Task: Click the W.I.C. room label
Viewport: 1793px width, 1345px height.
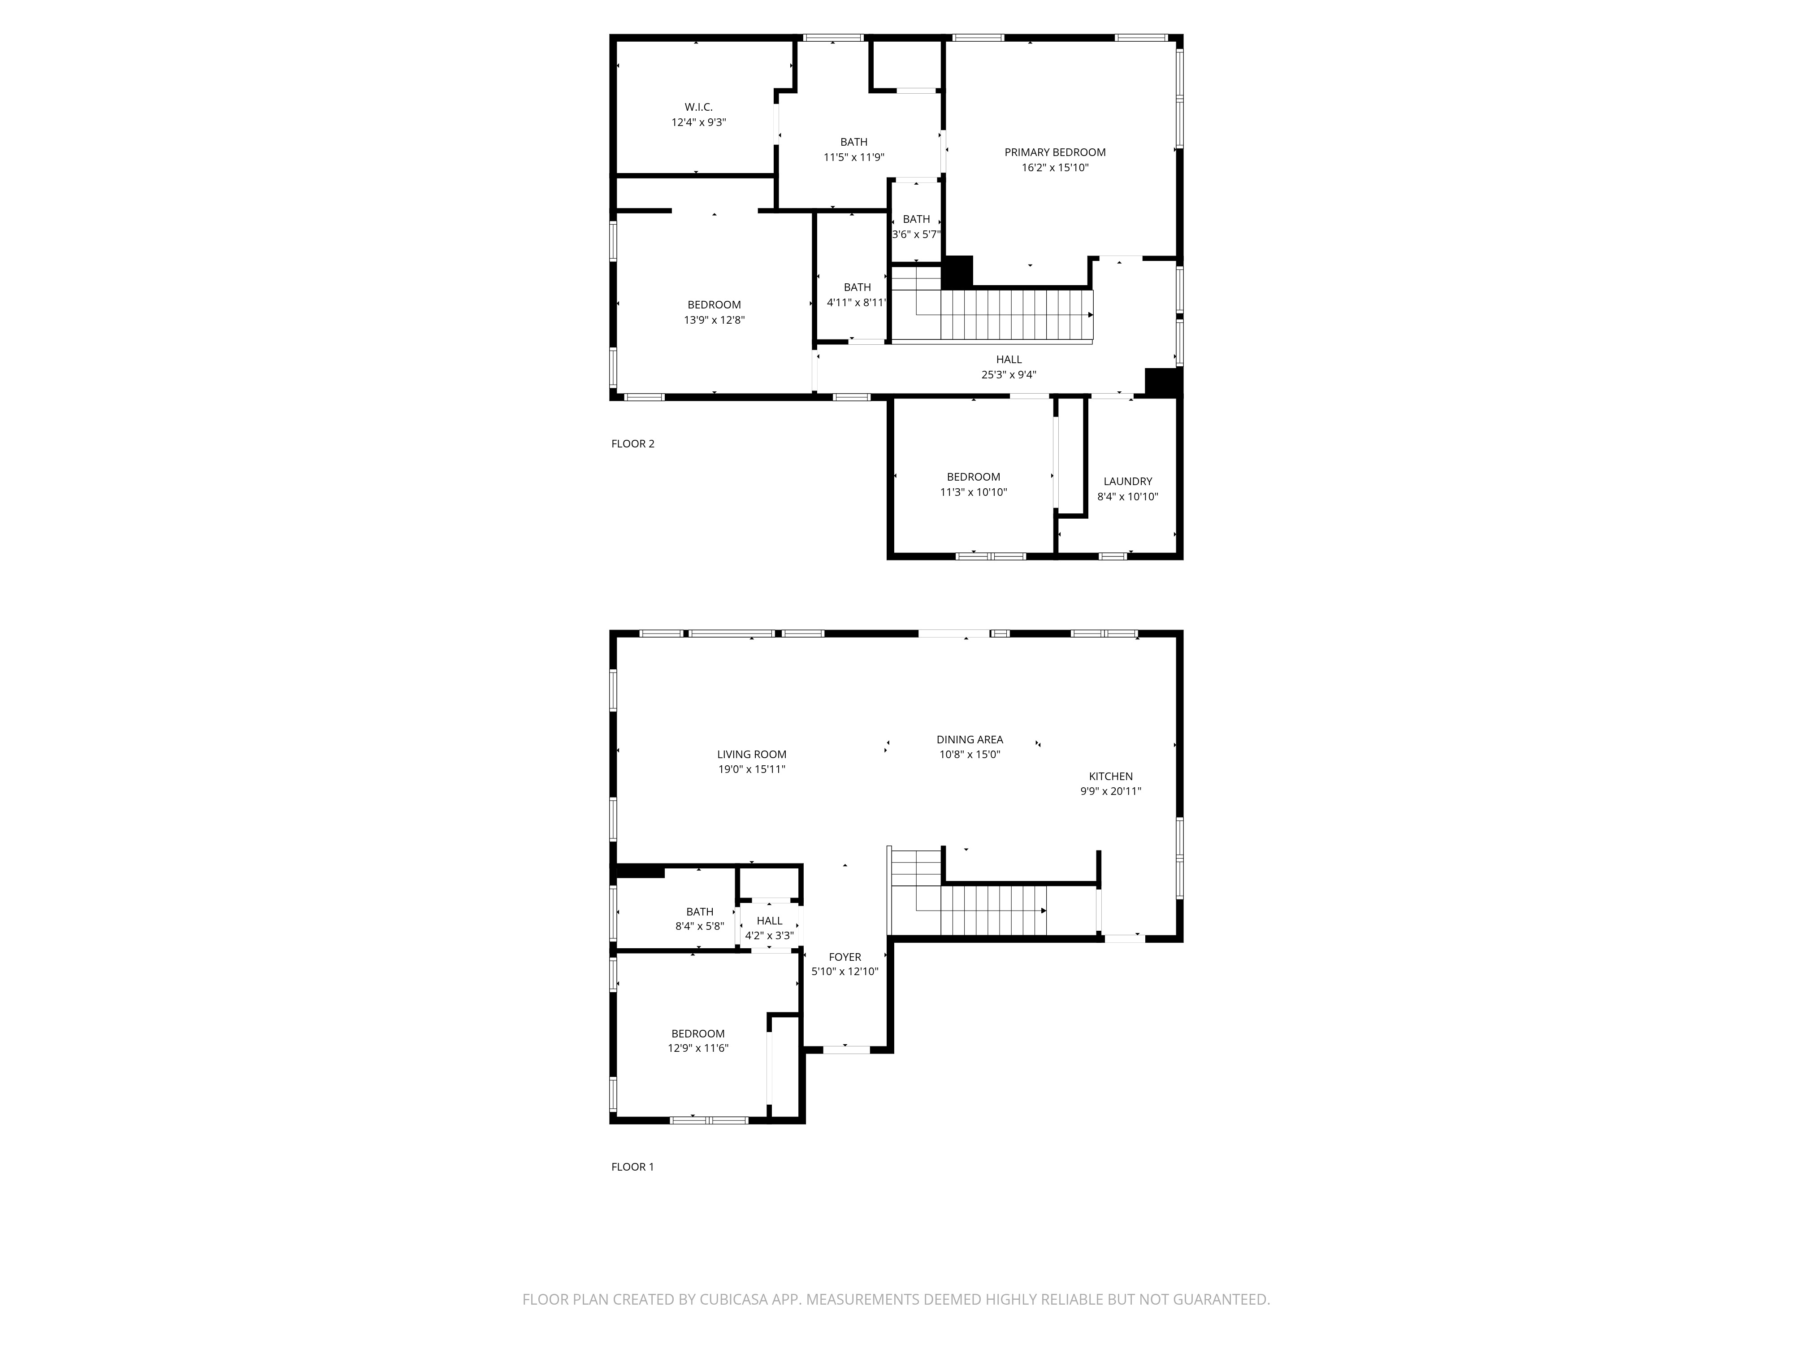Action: (699, 107)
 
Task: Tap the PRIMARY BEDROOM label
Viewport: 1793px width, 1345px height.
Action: (1055, 152)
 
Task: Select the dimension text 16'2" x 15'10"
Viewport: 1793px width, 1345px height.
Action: (1055, 168)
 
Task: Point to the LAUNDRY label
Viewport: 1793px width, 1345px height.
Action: (1127, 482)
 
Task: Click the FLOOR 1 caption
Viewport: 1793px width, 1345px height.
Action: (632, 1167)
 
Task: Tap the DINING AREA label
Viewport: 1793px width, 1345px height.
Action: (970, 739)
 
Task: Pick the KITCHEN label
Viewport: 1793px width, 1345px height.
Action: (1110, 777)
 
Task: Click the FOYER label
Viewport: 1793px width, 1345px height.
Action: (845, 958)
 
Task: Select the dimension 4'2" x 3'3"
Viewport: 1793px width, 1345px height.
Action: (769, 936)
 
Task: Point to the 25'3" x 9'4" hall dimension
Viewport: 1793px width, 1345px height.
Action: (1009, 374)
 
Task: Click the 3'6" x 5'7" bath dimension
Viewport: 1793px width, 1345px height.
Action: (916, 234)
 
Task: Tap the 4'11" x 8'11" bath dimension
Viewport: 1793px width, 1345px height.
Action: (857, 303)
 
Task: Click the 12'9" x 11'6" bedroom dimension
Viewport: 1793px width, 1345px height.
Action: (698, 1048)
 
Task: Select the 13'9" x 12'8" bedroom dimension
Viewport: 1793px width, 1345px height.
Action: (714, 320)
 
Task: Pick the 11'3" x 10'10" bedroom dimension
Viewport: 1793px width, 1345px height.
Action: (974, 492)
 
